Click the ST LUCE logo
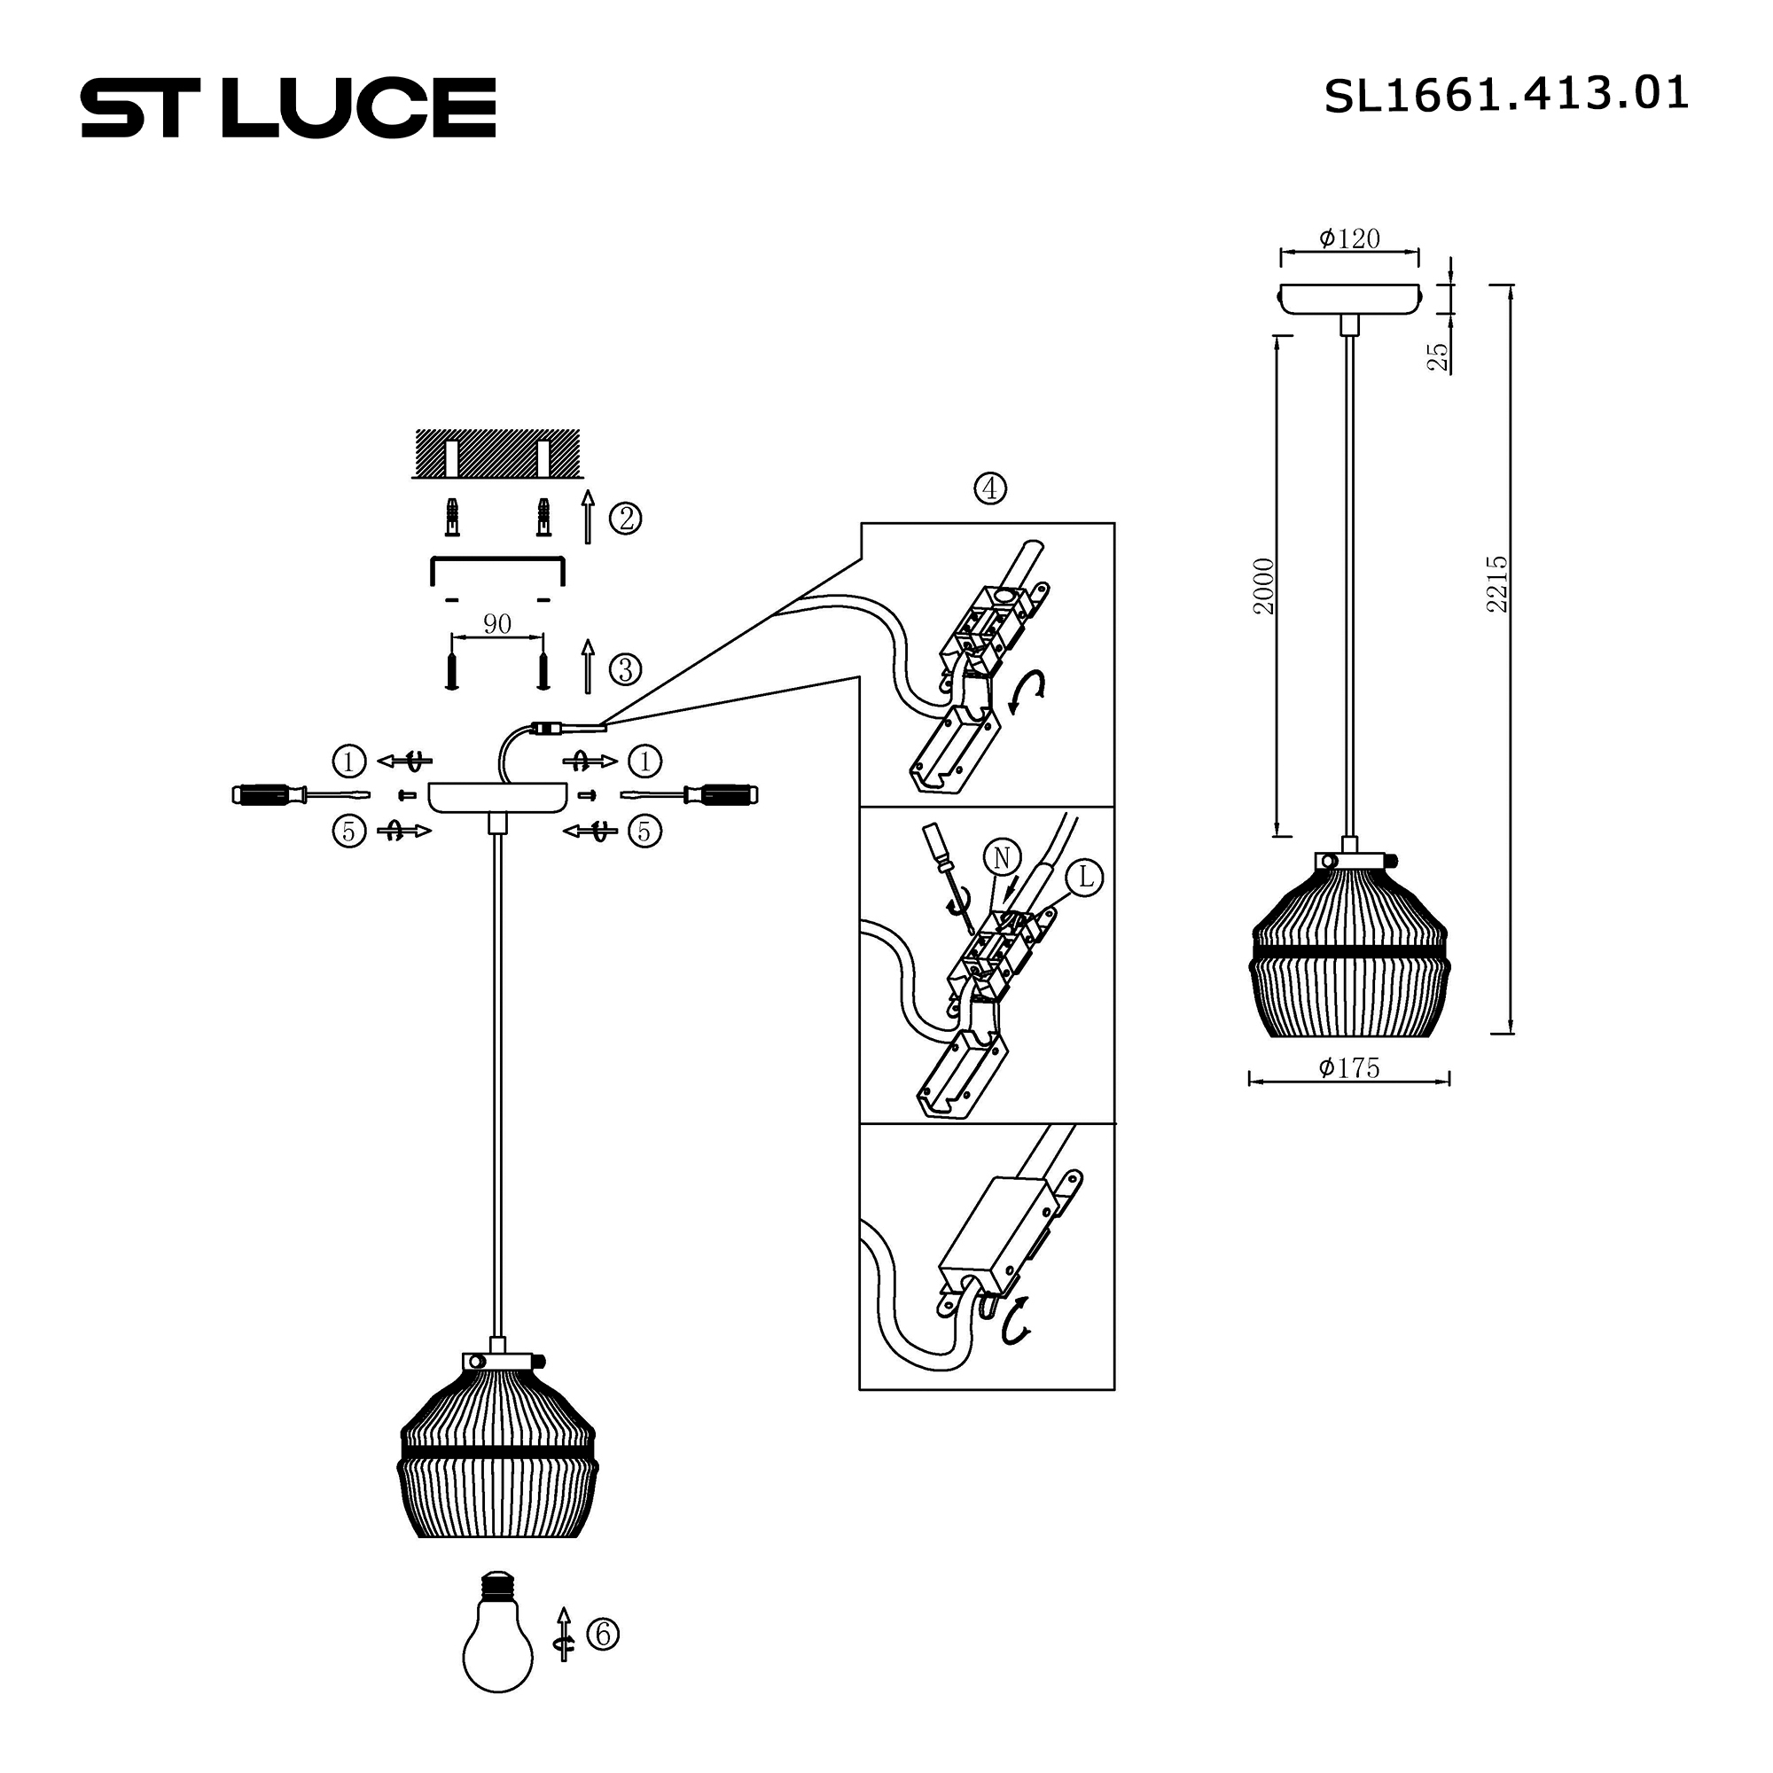click(x=288, y=107)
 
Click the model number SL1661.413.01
click(x=1505, y=95)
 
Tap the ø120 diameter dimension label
click(x=1349, y=238)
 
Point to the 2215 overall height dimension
click(x=1496, y=583)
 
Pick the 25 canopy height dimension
click(x=1438, y=356)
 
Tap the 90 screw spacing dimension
click(x=496, y=624)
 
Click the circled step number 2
click(x=626, y=519)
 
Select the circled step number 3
click(x=626, y=669)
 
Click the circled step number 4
click(x=989, y=488)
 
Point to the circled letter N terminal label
click(x=1001, y=858)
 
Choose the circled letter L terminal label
click(x=1086, y=878)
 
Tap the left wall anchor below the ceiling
click(x=451, y=519)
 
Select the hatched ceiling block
click(x=497, y=452)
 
